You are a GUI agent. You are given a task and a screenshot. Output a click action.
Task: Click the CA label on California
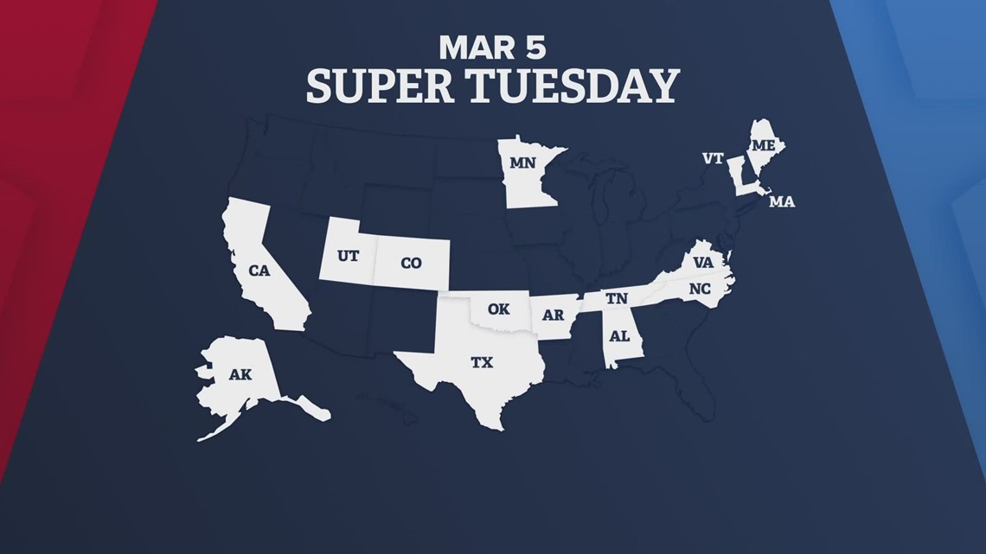259,271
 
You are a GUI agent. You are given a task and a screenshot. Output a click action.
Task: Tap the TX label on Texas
482,363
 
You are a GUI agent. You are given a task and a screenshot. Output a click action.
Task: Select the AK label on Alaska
240,375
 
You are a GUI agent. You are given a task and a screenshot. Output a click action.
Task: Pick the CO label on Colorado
411,262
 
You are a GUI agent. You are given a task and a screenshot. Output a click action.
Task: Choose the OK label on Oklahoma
498,309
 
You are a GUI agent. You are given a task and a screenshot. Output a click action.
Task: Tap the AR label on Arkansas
553,315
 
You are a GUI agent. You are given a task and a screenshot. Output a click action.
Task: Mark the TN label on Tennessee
616,298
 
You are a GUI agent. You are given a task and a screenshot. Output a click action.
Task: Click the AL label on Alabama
620,335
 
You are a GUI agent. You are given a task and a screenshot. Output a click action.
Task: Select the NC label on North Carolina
699,290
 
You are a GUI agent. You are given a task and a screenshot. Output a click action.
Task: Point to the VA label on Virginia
702,261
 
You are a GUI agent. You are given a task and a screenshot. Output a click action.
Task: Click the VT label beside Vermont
712,158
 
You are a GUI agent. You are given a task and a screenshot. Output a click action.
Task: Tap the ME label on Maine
763,146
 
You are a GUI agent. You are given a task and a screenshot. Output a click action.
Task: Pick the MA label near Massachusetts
781,201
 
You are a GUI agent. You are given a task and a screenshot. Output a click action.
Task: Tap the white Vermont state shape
737,172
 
